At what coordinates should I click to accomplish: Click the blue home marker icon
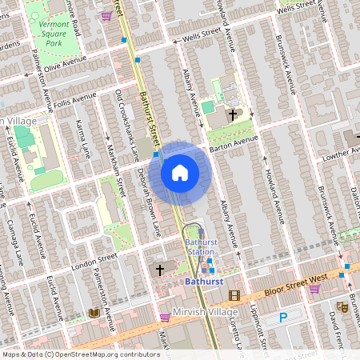[x=180, y=173]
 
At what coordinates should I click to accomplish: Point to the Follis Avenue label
[x=76, y=101]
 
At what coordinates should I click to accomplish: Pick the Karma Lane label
[x=83, y=138]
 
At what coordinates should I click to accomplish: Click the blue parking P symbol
[x=282, y=318]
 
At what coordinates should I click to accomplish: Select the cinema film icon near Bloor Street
[x=234, y=295]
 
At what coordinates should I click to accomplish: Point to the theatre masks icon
[x=342, y=306]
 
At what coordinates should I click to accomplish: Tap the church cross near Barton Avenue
[x=233, y=115]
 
